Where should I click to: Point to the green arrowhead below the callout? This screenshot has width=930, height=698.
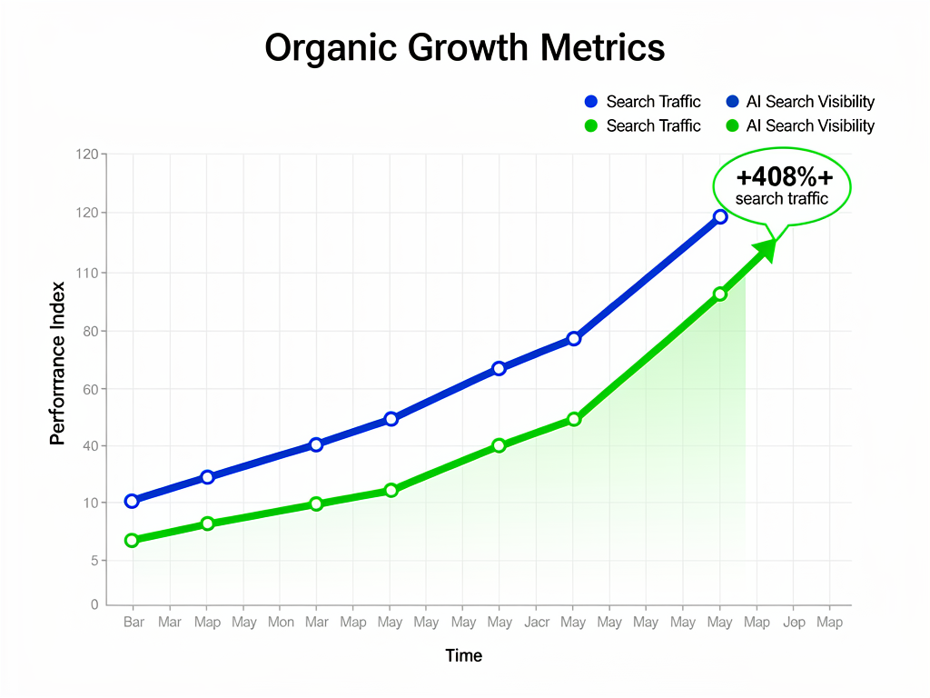coord(766,249)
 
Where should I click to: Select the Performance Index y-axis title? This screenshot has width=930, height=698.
coord(57,364)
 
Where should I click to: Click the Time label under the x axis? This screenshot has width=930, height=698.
coord(464,655)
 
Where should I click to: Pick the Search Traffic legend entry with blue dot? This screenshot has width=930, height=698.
coord(644,102)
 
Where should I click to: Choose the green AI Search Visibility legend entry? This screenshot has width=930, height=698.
coord(800,125)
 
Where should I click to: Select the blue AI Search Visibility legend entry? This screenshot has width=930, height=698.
coord(800,102)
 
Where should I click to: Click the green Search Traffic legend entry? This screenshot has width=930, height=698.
coord(644,125)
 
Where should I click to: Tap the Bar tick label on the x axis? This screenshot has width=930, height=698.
coord(134,623)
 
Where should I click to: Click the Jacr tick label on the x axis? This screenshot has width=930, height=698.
coord(536,623)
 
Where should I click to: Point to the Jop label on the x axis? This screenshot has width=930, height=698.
coord(794,623)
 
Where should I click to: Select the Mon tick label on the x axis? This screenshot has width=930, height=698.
coord(280,623)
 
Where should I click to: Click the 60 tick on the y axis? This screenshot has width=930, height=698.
coord(89,389)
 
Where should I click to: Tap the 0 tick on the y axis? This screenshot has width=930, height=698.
coord(94,604)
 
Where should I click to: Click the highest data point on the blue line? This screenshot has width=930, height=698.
coord(720,216)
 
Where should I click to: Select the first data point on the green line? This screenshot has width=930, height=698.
coord(132,540)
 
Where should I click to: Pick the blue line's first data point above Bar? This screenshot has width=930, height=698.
coord(132,501)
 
